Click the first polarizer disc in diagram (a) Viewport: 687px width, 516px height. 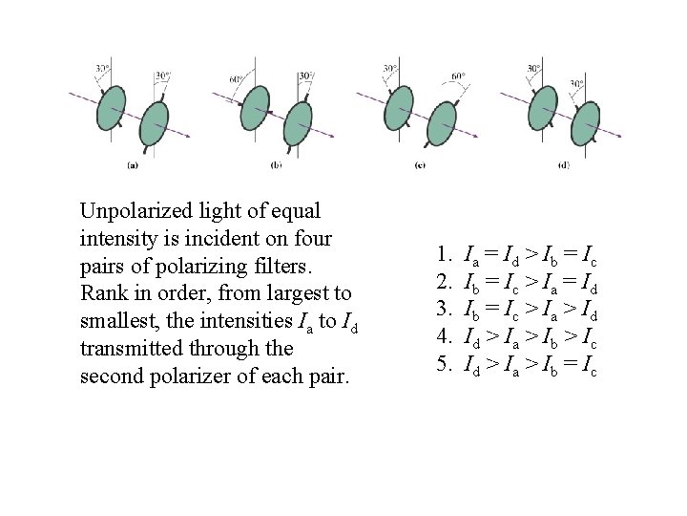point(112,107)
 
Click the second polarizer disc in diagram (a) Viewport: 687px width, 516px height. point(154,124)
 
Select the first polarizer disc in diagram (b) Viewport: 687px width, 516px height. point(255,107)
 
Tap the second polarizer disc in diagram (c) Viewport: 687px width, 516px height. point(441,124)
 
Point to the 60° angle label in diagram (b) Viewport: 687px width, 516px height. point(235,79)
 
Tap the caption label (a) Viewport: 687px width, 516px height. point(133,164)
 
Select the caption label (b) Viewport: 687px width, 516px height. point(277,164)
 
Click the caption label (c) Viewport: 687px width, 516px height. point(420,164)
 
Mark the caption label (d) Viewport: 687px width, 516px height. point(564,164)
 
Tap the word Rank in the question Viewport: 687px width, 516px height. point(103,292)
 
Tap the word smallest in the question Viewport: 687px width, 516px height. point(117,320)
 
